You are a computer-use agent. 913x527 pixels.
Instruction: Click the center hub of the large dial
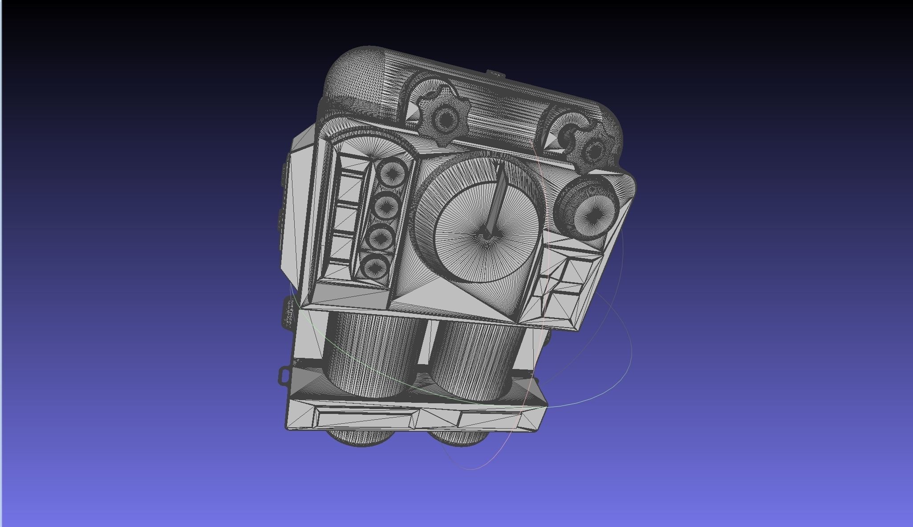coord(487,235)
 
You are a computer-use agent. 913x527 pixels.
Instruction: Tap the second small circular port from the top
coord(386,205)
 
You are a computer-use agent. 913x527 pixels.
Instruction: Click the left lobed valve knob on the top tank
coord(444,118)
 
